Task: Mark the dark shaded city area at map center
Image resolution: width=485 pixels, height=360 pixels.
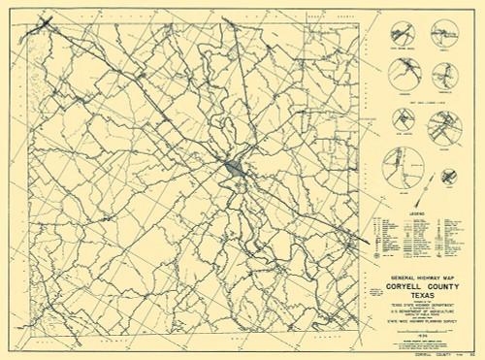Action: tap(236, 171)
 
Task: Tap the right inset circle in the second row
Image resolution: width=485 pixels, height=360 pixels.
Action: tap(441, 73)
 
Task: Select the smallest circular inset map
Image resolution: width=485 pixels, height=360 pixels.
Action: tap(449, 176)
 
